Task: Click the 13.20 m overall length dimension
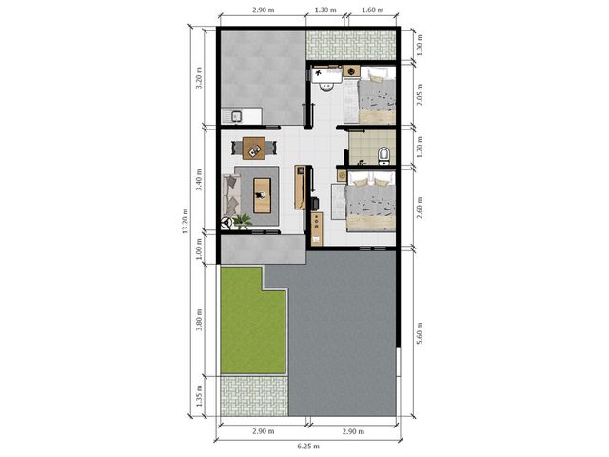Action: coord(186,221)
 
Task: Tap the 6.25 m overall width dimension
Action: coord(308,447)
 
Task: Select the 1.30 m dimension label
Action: coord(325,10)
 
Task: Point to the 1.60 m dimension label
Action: coord(372,10)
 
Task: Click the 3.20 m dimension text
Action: coord(199,78)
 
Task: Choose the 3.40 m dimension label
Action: coord(199,180)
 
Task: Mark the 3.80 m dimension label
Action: coord(199,320)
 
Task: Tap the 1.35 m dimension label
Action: coord(199,396)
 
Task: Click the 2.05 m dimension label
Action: coord(420,94)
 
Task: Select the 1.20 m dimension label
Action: coord(420,147)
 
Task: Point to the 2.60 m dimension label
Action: coord(420,208)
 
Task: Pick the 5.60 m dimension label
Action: coord(420,333)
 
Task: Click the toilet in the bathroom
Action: coord(383,155)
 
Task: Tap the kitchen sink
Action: coord(236,116)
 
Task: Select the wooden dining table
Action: coord(254,149)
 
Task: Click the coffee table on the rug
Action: coord(263,195)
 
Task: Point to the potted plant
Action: coord(243,222)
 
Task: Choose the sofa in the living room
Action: coord(231,194)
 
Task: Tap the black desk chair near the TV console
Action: coord(314,203)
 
